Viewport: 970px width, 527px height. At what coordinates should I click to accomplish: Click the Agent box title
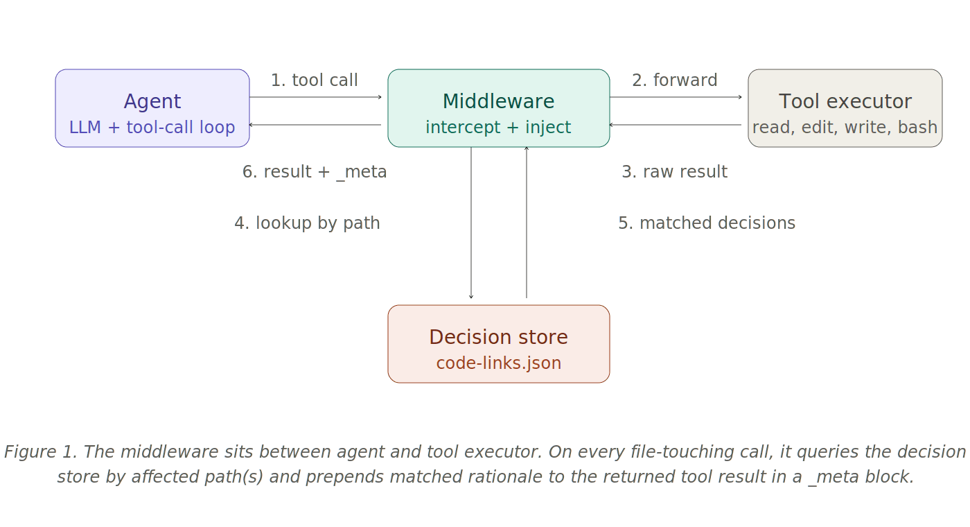[152, 101]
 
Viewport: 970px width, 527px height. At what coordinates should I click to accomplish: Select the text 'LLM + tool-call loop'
[152, 128]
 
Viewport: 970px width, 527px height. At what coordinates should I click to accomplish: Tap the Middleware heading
[499, 101]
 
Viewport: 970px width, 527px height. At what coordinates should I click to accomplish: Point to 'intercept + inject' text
[499, 128]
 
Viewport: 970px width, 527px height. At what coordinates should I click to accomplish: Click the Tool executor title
[845, 101]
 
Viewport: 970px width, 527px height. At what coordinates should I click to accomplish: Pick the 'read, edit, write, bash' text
[845, 128]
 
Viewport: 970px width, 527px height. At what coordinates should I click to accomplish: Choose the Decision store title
[499, 337]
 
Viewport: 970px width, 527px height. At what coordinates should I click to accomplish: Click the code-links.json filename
[499, 363]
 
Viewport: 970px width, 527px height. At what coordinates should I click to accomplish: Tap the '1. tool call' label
[315, 80]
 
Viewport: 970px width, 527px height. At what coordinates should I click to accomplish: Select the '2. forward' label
[675, 80]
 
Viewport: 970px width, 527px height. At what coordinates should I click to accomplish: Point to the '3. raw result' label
[673, 171]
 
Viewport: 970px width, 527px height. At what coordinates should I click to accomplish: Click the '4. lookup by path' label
[308, 223]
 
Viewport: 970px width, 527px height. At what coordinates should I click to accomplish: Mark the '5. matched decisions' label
[707, 223]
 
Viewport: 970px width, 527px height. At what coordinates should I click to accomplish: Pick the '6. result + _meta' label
[315, 171]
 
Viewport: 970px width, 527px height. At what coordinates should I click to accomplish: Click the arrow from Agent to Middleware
[316, 97]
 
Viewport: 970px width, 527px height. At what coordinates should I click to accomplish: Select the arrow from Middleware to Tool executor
[676, 97]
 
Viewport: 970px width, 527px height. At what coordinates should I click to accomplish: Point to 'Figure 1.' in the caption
[39, 451]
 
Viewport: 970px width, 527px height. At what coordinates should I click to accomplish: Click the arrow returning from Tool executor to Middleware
[676, 125]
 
